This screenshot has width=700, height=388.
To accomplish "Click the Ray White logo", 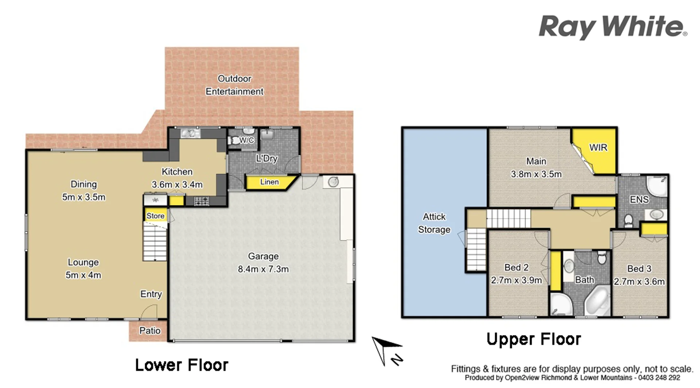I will (612, 27).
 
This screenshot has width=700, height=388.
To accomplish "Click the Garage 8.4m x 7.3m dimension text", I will (263, 269).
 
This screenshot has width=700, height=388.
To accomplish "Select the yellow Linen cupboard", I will (269, 182).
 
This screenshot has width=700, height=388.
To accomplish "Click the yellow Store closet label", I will (156, 216).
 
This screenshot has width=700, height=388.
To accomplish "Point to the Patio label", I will (150, 331).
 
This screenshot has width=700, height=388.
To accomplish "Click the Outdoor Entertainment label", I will (234, 85).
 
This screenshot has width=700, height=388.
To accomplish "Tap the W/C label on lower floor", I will (246, 140).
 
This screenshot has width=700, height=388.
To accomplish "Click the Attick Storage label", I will (434, 223).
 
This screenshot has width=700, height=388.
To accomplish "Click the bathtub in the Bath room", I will (598, 301).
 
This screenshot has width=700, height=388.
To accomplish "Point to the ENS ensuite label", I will (639, 199).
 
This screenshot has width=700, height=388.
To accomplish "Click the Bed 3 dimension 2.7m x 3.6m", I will (639, 282).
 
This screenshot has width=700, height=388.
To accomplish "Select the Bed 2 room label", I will (516, 268).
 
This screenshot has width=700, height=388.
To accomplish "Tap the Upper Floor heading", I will (534, 339).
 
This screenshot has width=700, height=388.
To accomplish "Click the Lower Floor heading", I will (182, 365).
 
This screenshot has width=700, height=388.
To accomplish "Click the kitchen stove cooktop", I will (201, 201).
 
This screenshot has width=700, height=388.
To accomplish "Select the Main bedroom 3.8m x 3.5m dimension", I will (536, 174).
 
